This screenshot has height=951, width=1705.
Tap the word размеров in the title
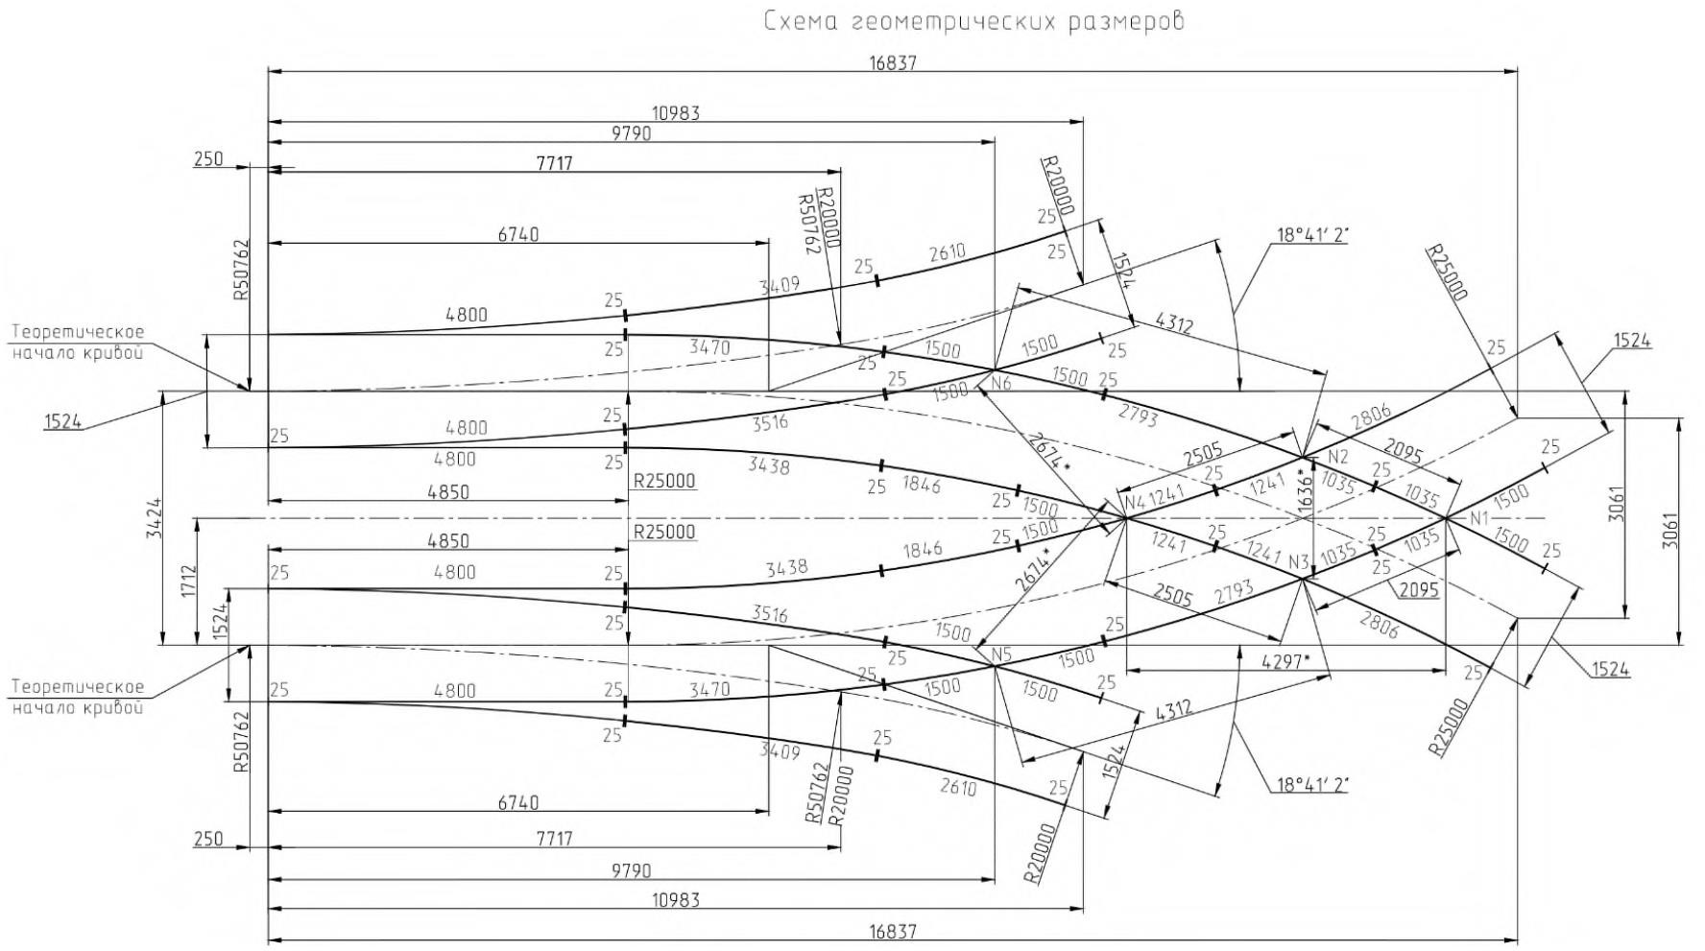click(x=1127, y=21)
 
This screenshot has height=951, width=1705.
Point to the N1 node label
click(x=1477, y=519)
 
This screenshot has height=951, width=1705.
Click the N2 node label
click(x=1339, y=455)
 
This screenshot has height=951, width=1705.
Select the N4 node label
click(x=1135, y=500)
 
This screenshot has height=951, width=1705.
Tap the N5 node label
click(x=1002, y=655)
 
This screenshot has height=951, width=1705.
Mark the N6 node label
click(x=1001, y=383)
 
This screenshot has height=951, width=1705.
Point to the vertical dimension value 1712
click(x=187, y=582)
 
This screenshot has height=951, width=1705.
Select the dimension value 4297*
click(x=1285, y=661)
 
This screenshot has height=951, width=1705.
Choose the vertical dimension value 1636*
click(x=1303, y=489)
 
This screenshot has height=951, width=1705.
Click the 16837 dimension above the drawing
click(x=893, y=63)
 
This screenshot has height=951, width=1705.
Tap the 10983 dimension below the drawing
click(x=676, y=900)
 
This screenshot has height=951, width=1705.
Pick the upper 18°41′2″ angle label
click(x=1310, y=235)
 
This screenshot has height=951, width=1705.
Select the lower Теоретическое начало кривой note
click(x=78, y=697)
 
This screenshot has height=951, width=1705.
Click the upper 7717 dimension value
click(x=554, y=164)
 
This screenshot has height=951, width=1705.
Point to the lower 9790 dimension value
click(x=631, y=871)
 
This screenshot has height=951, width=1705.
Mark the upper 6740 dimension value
click(x=518, y=234)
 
